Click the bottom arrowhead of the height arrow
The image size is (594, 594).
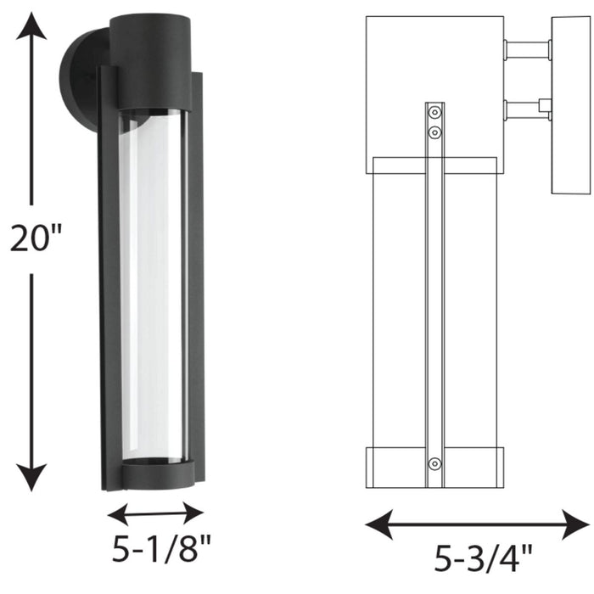(x=32, y=481)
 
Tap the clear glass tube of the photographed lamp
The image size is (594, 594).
(x=152, y=289)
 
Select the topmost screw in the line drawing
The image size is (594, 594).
(x=434, y=112)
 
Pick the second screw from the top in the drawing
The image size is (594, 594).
(x=434, y=132)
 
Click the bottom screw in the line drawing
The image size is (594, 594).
(x=434, y=463)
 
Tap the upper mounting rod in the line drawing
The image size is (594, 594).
(x=526, y=50)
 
